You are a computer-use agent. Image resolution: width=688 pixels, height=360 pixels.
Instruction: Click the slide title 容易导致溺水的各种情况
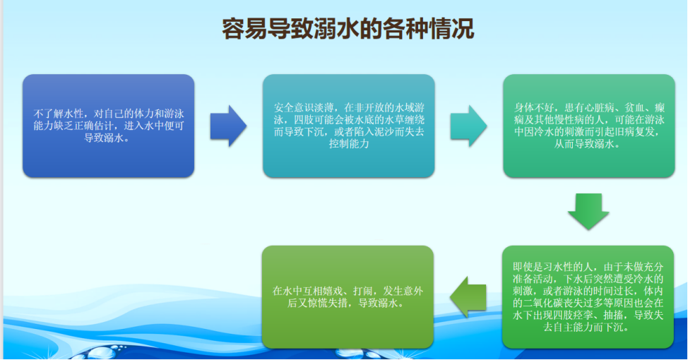348,29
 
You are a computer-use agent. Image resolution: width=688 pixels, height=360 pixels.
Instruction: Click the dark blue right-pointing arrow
228,126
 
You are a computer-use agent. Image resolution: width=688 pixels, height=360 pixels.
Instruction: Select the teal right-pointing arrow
468,126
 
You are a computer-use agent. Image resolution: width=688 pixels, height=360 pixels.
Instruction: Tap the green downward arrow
588,211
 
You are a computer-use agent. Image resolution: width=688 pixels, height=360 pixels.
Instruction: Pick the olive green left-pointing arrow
468,297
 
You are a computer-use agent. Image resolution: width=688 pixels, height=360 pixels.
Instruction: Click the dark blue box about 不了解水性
108,126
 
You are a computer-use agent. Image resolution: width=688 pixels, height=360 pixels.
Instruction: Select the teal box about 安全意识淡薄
349,126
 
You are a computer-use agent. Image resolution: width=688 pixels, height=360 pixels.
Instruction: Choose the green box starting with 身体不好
589,126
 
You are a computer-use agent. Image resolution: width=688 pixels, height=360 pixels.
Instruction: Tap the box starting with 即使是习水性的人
588,297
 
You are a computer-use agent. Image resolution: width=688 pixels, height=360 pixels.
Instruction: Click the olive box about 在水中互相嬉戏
348,297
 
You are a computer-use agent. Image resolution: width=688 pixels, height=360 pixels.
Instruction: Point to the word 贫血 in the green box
634,108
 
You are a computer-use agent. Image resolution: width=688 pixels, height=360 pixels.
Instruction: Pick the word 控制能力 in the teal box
349,144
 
